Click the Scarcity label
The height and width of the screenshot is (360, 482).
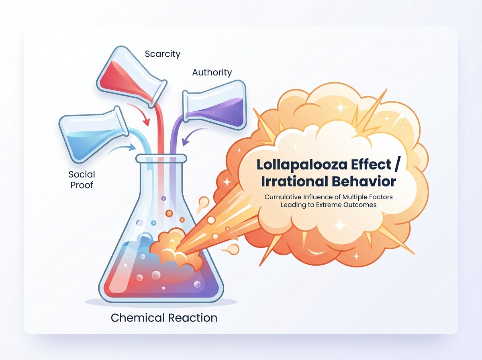pyautogui.click(x=163, y=54)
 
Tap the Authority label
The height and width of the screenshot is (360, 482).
pyautogui.click(x=212, y=72)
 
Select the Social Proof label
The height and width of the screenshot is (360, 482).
pyautogui.click(x=82, y=180)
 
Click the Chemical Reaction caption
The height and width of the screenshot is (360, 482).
pyautogui.click(x=164, y=317)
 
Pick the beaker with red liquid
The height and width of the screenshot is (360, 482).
pyautogui.click(x=132, y=77)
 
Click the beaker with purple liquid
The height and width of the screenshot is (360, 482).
pyautogui.click(x=214, y=105)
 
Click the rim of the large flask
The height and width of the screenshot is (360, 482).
pyautogui.click(x=161, y=159)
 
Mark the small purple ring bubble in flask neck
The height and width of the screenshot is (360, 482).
pyautogui.click(x=163, y=198)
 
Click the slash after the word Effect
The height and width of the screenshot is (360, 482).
pyautogui.click(x=396, y=164)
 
